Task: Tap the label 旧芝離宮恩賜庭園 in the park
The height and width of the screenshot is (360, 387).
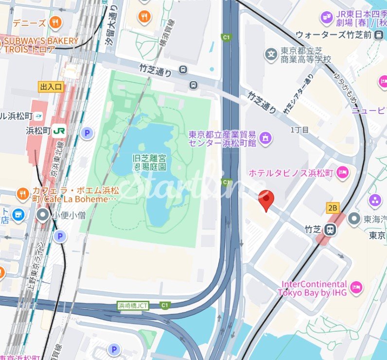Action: pyautogui.click(x=150, y=162)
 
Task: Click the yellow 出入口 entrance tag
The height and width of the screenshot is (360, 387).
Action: pyautogui.click(x=51, y=87)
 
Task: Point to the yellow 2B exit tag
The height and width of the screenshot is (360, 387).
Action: pyautogui.click(x=333, y=208)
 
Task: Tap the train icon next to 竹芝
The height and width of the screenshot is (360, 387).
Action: pyautogui.click(x=330, y=229)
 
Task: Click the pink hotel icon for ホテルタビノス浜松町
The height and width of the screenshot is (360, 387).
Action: pyautogui.click(x=343, y=172)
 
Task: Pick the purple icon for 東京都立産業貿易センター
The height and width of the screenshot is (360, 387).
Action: pyautogui.click(x=265, y=138)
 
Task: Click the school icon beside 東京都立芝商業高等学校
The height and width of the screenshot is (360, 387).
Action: pyautogui.click(x=271, y=53)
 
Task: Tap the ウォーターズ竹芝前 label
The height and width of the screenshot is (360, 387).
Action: pyautogui.click(x=334, y=35)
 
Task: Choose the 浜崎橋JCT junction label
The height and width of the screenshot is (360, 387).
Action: pyautogui.click(x=132, y=306)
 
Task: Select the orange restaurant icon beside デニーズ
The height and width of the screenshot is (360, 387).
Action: pyautogui.click(x=55, y=22)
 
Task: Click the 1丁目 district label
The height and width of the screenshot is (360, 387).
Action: pyautogui.click(x=299, y=130)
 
